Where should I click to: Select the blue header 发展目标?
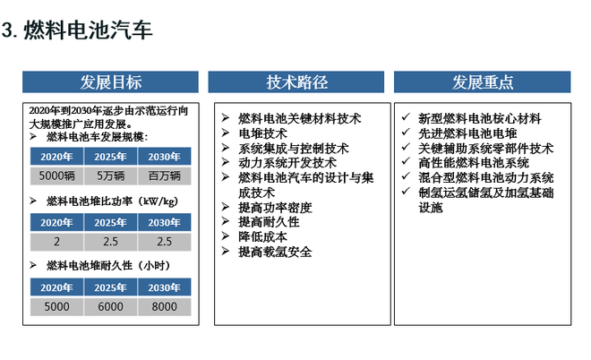[111, 82]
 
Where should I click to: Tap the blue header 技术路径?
[297, 82]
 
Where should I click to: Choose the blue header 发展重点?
[483, 82]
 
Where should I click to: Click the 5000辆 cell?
[57, 175]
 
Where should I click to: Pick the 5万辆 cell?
[111, 175]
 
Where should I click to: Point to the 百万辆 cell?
[165, 175]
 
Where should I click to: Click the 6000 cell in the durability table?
[111, 305]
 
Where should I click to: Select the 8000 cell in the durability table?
[165, 305]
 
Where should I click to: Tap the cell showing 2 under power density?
[57, 241]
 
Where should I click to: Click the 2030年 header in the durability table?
[165, 287]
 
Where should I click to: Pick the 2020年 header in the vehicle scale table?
[57, 157]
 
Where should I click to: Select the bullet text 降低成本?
[263, 236]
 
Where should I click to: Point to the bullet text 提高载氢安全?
[276, 252]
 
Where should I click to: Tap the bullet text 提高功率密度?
[276, 207]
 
